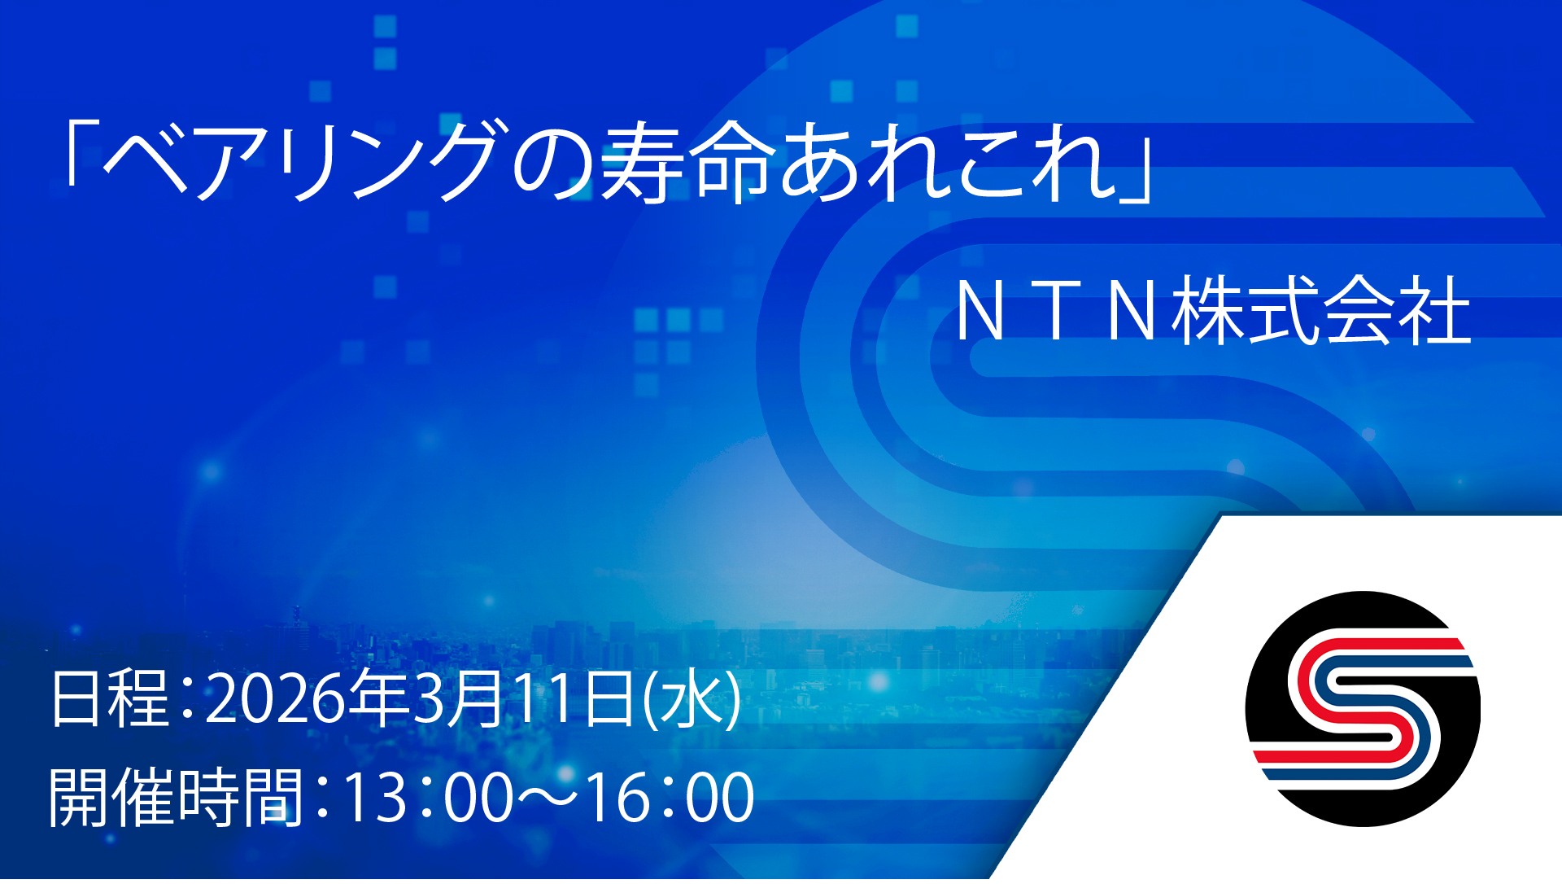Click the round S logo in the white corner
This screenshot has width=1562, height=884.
[1363, 709]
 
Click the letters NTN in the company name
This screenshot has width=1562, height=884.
[1057, 311]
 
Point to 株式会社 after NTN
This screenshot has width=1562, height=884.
[1322, 310]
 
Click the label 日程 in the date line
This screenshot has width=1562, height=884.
[110, 698]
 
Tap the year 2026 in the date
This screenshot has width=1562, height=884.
[273, 699]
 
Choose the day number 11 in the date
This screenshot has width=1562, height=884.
[548, 699]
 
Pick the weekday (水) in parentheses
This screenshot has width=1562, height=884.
[692, 698]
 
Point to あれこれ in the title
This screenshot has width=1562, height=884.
[949, 160]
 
